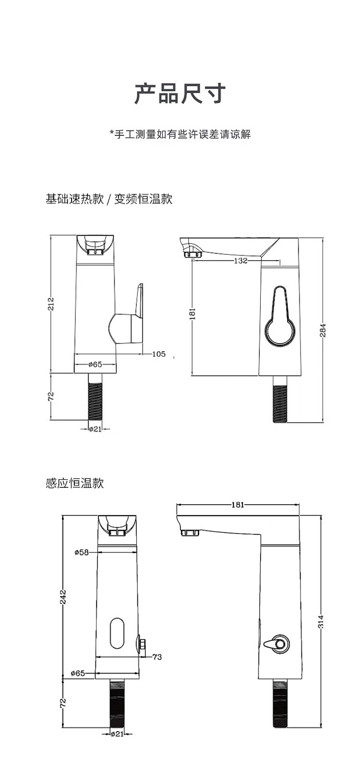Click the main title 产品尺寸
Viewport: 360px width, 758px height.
tap(180, 94)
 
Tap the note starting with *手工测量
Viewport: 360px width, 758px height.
tap(180, 134)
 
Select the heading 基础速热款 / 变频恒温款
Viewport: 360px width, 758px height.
tap(109, 199)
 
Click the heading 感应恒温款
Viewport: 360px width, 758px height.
tap(74, 483)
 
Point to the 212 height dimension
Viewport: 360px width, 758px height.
tap(51, 304)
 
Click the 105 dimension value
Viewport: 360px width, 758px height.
tap(158, 354)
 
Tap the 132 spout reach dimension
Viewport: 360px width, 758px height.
tap(240, 261)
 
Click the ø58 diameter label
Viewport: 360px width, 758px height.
tap(82, 552)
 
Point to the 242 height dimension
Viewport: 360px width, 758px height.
tap(63, 597)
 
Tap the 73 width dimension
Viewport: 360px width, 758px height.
tap(157, 657)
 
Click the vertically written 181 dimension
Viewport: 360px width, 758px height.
tap(192, 313)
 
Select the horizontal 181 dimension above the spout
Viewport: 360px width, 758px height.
tap(238, 505)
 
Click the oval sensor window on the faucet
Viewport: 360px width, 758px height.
tap(117, 633)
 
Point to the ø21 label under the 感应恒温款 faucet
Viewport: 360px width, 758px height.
tap(117, 733)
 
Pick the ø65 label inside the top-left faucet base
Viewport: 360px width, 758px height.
tap(95, 364)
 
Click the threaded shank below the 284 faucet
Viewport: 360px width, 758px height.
tap(280, 399)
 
